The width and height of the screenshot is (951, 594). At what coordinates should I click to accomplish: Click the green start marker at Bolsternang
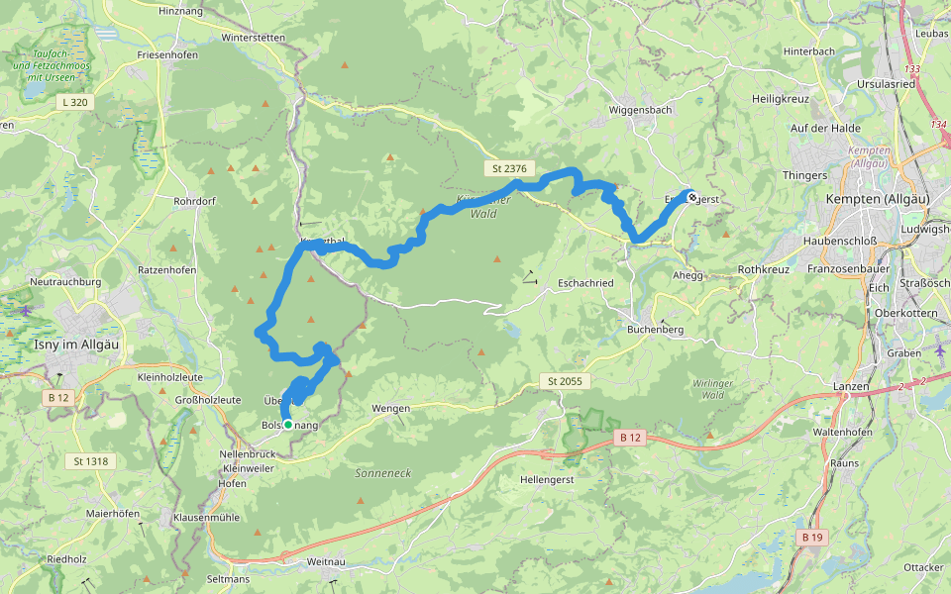pyautogui.click(x=288, y=425)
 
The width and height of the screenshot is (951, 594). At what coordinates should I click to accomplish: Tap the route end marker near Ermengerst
pyautogui.click(x=690, y=196)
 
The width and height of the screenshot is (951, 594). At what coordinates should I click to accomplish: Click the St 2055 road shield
pyautogui.click(x=566, y=381)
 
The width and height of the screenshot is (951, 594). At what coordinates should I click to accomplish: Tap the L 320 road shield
pyautogui.click(x=73, y=102)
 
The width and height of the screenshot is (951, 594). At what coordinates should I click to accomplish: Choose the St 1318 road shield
pyautogui.click(x=91, y=461)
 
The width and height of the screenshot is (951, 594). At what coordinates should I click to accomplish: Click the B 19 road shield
pyautogui.click(x=811, y=538)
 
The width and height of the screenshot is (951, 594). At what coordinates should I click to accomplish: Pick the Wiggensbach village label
pyautogui.click(x=641, y=109)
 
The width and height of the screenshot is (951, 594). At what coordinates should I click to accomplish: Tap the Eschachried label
pyautogui.click(x=585, y=282)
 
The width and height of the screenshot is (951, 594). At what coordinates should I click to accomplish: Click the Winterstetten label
pyautogui.click(x=254, y=38)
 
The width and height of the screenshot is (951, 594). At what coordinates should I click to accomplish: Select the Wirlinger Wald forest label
pyautogui.click(x=717, y=387)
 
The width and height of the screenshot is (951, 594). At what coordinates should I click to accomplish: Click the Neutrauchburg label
pyautogui.click(x=66, y=282)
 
